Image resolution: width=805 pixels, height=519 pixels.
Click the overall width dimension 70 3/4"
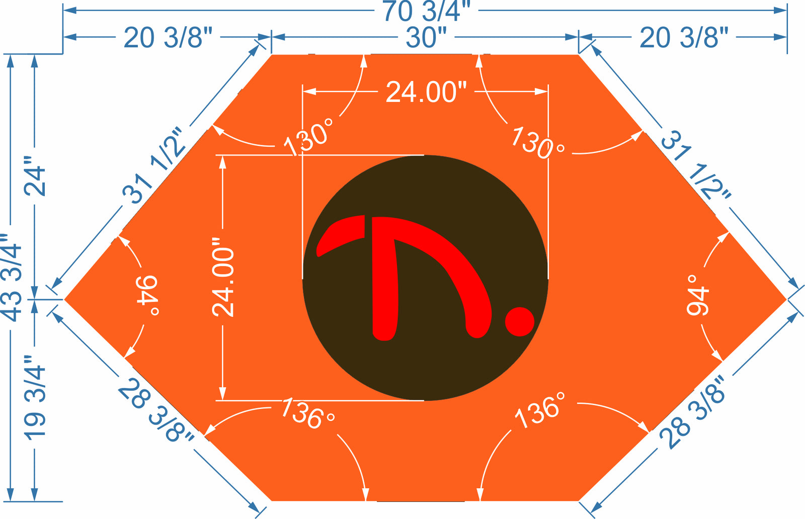click(426, 11)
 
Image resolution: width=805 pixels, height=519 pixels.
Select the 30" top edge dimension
click(426, 37)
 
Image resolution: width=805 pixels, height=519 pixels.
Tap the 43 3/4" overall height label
click(12, 277)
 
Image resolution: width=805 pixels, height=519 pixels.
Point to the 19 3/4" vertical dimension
click(35, 398)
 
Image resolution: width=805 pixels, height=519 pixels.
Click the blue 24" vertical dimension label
click(35, 176)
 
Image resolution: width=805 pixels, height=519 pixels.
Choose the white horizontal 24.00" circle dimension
click(426, 92)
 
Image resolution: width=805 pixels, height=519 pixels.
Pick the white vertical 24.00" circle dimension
click(223, 277)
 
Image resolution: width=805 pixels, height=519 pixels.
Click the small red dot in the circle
click(520, 321)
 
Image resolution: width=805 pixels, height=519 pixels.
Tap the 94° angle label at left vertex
click(147, 295)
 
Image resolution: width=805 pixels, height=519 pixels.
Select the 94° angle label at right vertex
click(697, 295)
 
